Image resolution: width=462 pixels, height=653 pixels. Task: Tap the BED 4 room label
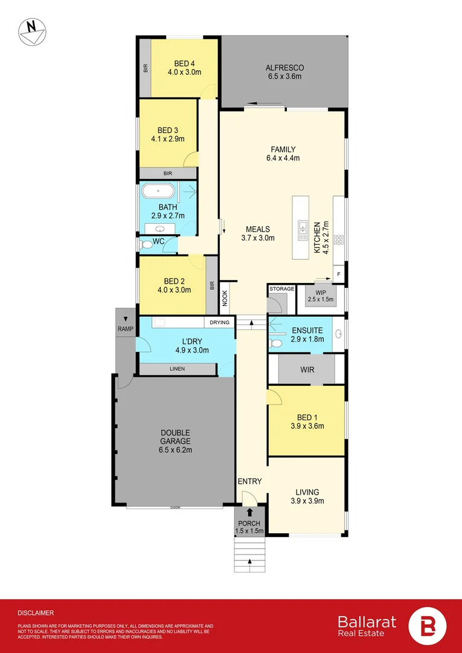(184, 63)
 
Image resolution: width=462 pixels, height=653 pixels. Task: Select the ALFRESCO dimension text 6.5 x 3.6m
(284, 76)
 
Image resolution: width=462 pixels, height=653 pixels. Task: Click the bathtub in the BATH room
(158, 192)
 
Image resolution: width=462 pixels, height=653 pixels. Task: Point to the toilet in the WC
(146, 245)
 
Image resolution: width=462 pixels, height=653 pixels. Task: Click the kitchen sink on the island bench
(303, 227)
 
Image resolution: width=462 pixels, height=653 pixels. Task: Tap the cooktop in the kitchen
(338, 238)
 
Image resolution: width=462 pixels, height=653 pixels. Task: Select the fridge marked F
(338, 274)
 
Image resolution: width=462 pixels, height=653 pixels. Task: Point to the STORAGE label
(281, 289)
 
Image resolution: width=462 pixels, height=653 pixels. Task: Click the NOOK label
(225, 297)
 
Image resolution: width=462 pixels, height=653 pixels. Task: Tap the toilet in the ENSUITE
(276, 343)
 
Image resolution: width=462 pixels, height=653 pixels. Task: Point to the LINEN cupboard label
(177, 369)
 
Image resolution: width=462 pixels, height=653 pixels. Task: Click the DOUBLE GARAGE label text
(175, 433)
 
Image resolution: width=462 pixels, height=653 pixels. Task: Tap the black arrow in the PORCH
(249, 513)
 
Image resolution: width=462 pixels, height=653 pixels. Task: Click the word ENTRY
(249, 481)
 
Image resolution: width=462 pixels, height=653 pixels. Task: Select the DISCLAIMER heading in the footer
(36, 612)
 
